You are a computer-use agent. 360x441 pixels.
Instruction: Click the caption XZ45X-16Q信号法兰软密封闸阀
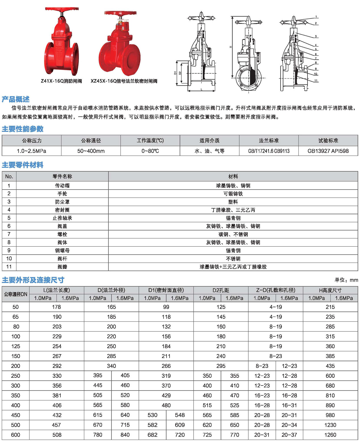(124, 81)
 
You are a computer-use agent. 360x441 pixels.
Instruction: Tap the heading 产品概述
(16, 99)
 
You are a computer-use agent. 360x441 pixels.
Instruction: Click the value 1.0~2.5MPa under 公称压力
(31, 151)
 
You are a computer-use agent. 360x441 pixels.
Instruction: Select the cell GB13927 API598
(328, 151)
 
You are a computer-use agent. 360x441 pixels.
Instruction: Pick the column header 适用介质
(209, 140)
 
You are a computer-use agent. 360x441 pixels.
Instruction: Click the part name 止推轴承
(62, 218)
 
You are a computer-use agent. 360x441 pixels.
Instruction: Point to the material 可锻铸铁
(233, 194)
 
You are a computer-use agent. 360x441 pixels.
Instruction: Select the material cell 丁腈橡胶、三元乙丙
(233, 210)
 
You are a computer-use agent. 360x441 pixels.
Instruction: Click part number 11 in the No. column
(9, 267)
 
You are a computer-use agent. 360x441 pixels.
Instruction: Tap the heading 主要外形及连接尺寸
(33, 280)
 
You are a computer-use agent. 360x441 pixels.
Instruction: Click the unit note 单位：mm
(346, 280)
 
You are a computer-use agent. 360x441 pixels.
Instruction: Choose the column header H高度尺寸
(330, 290)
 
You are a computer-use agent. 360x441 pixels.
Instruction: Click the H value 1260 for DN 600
(330, 435)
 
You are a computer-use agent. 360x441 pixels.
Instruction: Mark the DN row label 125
(16, 346)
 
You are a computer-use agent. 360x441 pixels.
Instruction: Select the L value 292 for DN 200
(57, 366)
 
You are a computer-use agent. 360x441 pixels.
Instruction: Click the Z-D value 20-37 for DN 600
(289, 435)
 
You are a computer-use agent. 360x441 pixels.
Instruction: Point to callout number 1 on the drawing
(316, 17)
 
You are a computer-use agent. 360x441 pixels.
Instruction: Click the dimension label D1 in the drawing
(175, 73)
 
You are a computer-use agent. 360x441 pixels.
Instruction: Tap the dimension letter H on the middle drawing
(230, 47)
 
